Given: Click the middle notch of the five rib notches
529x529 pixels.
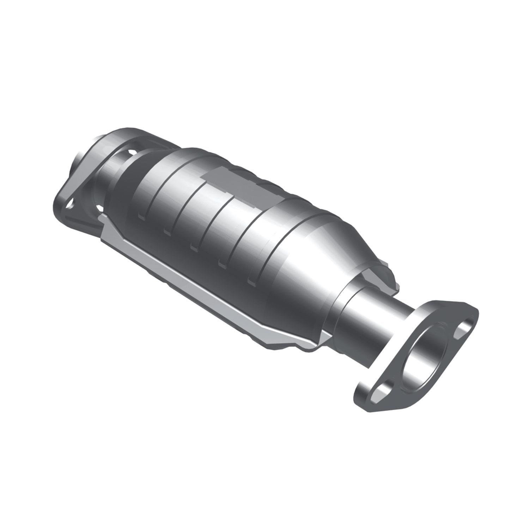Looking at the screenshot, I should [x=193, y=246].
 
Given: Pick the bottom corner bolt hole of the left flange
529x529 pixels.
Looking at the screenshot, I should [x=71, y=204].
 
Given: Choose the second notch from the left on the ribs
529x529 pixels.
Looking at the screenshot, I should [x=167, y=231].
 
